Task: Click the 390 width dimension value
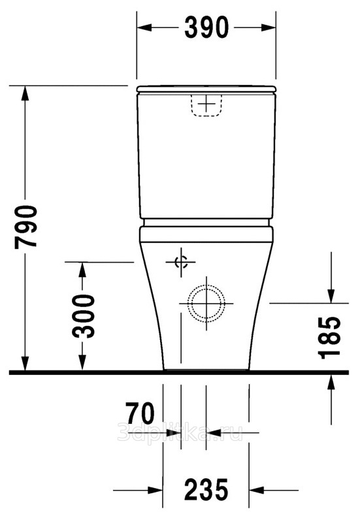[206, 27]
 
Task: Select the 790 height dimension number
[25, 227]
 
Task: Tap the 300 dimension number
[84, 316]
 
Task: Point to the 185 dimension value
[329, 338]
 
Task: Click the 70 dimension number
[140, 413]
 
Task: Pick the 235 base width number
[206, 489]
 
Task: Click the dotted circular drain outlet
[206, 303]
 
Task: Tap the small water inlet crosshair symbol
[181, 262]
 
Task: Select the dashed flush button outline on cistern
[206, 105]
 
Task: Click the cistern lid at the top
[206, 89]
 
